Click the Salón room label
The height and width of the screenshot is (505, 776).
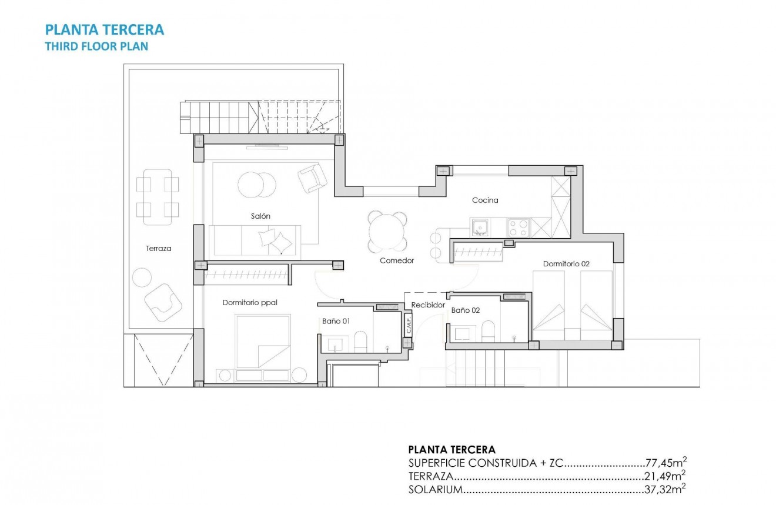tap(260, 216)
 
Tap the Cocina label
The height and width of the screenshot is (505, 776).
tap(485, 200)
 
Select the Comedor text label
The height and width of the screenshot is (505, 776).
tap(397, 260)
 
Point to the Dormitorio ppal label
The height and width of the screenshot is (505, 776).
tap(249, 303)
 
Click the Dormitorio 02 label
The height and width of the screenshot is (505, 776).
tap(566, 264)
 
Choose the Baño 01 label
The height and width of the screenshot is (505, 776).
tap(336, 321)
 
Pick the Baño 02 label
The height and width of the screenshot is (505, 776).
tap(466, 310)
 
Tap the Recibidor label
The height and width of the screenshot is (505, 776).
tap(428, 305)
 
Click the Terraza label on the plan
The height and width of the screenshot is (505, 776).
tap(159, 249)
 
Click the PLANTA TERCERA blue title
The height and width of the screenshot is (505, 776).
tap(105, 29)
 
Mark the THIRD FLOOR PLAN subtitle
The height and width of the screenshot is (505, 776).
tap(96, 46)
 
